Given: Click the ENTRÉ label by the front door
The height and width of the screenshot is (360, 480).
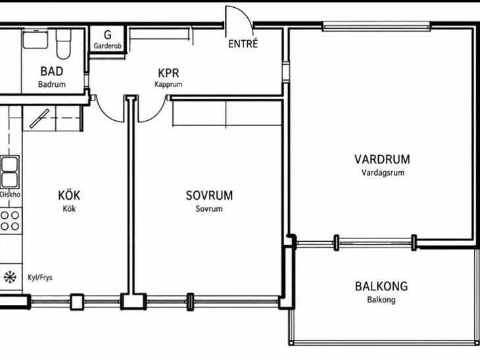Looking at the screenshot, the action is [x=243, y=43].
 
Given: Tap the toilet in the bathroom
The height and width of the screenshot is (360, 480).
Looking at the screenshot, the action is [x=64, y=44].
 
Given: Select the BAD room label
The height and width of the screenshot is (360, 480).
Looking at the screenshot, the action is [x=52, y=71].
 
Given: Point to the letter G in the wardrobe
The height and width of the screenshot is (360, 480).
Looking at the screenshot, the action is [x=107, y=35].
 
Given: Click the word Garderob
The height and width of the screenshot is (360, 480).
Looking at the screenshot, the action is [x=107, y=46].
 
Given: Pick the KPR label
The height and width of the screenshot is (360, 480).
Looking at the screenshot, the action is [x=168, y=73].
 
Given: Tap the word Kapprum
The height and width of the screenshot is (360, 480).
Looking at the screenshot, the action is [x=168, y=84].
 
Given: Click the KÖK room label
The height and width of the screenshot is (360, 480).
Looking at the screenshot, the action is [x=69, y=195].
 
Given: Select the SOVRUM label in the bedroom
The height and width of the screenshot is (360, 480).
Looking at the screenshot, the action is [x=209, y=195].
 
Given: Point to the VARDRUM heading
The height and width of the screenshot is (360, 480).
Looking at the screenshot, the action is [x=382, y=160].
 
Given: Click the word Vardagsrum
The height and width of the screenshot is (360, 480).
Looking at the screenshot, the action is [x=383, y=173].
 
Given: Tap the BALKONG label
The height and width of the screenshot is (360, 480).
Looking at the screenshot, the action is [x=381, y=286].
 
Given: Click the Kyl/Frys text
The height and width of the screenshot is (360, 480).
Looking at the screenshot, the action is [x=40, y=277].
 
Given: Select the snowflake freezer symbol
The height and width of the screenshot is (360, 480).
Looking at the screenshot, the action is [x=10, y=277].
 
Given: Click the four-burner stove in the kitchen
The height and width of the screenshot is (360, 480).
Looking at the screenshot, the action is [x=11, y=221].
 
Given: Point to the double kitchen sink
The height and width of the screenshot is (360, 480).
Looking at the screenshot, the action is [x=9, y=172].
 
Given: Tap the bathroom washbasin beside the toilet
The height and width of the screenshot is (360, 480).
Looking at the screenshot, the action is [x=36, y=39].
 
